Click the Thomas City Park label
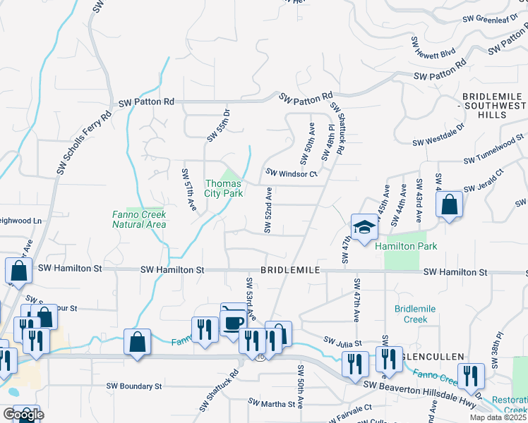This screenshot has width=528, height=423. point(224,188)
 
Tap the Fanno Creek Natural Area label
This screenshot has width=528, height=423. point(139,220)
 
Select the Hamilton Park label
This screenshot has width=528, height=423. point(406,247)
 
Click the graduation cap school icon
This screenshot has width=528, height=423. point(364,228)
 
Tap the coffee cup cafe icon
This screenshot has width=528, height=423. point(234,321)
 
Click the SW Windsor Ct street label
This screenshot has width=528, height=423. point(292,173)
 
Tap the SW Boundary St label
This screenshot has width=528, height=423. point(134,386)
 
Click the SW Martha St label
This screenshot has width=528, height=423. point(271,404)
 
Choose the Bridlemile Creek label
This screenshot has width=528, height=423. point(416,314)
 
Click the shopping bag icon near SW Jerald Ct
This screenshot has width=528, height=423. point(449,205)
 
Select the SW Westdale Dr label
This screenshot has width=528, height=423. point(439,136)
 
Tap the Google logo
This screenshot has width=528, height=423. point(23,415)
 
